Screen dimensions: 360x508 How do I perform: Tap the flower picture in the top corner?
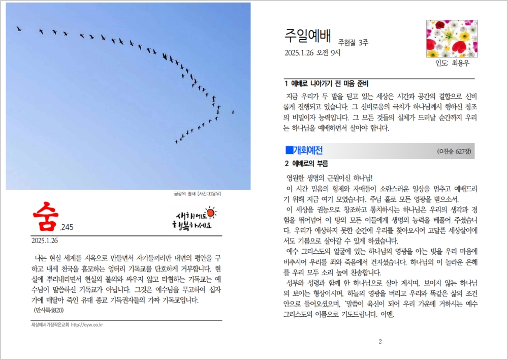point(452,38)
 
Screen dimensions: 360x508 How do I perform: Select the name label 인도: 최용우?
point(452,64)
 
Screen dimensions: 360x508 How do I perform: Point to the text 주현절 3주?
point(353,43)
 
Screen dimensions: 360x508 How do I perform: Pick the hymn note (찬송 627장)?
point(454,152)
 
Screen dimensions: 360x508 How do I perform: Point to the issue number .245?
point(67,228)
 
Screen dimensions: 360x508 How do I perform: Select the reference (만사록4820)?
point(49,310)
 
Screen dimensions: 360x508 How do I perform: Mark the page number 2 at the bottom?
point(379,341)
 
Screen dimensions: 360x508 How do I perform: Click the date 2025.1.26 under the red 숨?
point(45,239)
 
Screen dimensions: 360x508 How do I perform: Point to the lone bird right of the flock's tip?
point(233,112)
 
